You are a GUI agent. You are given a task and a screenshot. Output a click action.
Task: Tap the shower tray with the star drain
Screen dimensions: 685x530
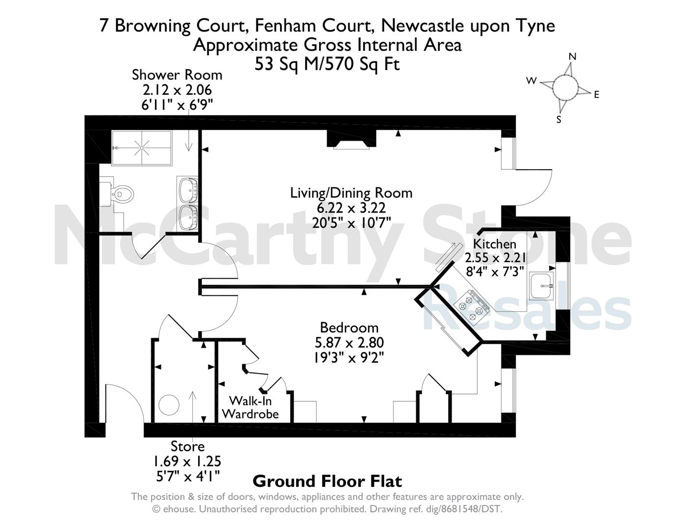click(142, 148)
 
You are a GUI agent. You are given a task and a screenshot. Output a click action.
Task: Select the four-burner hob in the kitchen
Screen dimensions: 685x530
click(471, 308)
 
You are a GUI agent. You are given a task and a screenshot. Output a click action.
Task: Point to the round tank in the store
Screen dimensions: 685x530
click(169, 405)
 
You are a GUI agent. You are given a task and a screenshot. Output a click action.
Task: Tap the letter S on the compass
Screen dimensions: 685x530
click(559, 120)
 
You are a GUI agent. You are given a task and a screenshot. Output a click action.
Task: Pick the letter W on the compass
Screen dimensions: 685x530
click(531, 81)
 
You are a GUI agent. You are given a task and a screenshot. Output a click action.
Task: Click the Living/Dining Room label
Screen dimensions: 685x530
click(351, 193)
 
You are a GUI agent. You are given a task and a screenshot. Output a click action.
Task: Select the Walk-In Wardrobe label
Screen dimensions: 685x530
click(251, 407)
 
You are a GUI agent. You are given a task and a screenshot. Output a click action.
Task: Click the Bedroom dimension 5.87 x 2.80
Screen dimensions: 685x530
click(349, 343)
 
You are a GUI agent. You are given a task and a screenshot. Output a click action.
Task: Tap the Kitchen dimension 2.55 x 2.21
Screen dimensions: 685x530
click(495, 258)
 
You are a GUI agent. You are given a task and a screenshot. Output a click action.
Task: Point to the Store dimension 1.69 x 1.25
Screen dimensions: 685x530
click(187, 461)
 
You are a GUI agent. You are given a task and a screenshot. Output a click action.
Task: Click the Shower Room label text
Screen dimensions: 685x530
click(177, 75)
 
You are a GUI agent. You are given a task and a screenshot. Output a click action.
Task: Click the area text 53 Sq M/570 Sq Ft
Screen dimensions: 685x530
click(327, 64)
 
